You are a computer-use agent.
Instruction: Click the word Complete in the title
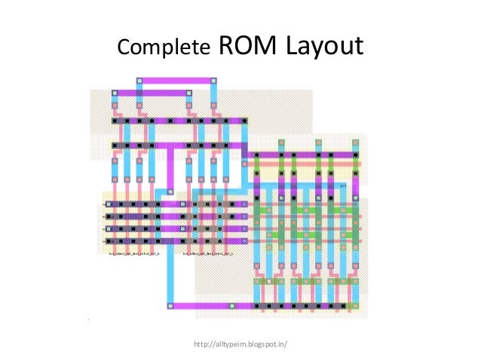click(x=163, y=47)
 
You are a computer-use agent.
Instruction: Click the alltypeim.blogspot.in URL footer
click(x=240, y=344)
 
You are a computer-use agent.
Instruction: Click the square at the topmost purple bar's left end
click(x=139, y=80)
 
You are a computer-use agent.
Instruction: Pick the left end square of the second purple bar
click(x=115, y=93)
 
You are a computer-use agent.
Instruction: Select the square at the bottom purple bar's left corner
click(x=170, y=306)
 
